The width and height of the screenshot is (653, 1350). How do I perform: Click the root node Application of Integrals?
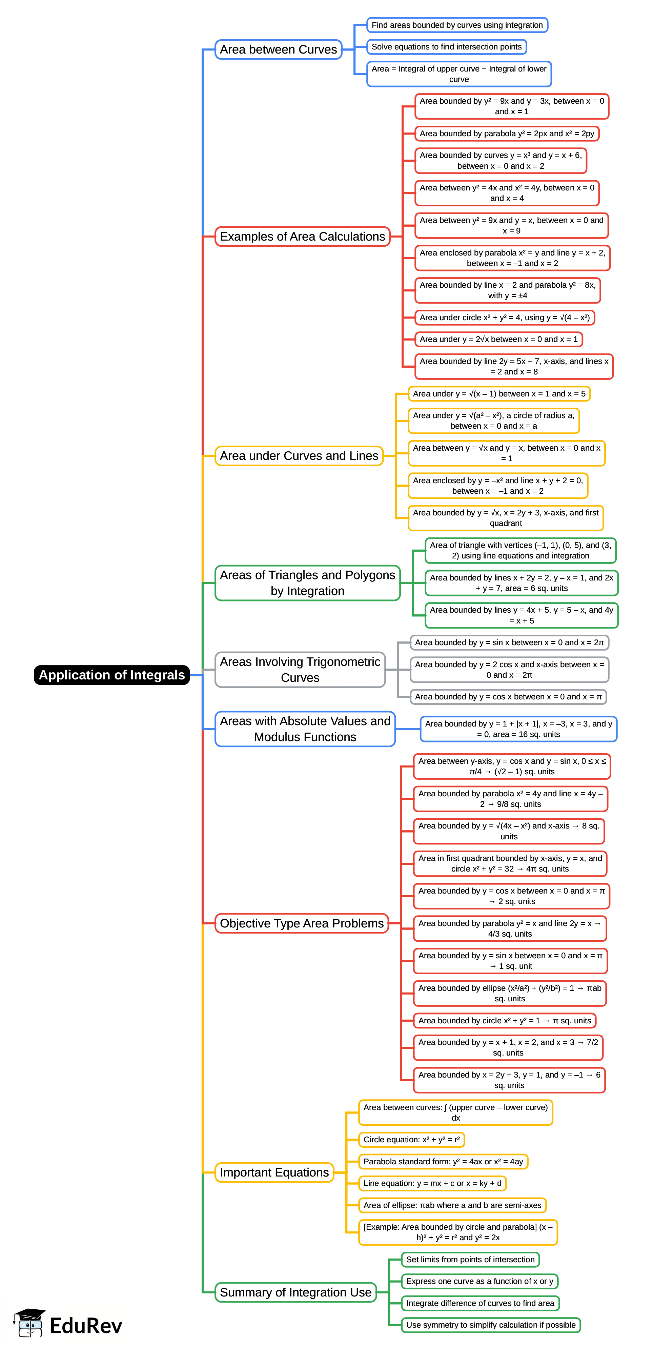pyautogui.click(x=111, y=675)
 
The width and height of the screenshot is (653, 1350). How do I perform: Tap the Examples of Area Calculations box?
pyautogui.click(x=302, y=237)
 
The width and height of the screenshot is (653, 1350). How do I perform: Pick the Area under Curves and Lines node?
pyautogui.click(x=299, y=456)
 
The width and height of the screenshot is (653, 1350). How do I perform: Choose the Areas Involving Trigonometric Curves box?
pyautogui.click(x=300, y=670)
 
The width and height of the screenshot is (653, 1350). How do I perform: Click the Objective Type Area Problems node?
pyautogui.click(x=301, y=923)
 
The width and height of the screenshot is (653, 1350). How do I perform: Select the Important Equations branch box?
pyautogui.click(x=274, y=1172)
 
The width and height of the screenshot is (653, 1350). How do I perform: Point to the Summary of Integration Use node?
pyautogui.click(x=295, y=1292)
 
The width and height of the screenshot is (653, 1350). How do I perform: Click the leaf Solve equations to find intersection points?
pyautogui.click(x=447, y=47)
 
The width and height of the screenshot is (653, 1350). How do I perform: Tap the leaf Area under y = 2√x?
pyautogui.click(x=498, y=339)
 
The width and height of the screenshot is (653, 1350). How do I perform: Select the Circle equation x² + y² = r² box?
pyautogui.click(x=411, y=1139)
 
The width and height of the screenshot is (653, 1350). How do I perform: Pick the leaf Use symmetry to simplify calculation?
pyautogui.click(x=491, y=1325)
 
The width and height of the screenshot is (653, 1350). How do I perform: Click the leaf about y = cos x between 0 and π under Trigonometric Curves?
pyautogui.click(x=508, y=696)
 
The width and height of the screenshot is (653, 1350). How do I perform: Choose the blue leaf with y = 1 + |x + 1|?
pyautogui.click(x=518, y=729)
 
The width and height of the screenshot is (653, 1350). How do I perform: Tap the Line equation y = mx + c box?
pyautogui.click(x=432, y=1183)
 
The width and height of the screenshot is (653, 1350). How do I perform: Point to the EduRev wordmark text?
pyautogui.click(x=86, y=1326)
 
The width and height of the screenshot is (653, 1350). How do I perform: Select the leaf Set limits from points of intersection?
pyautogui.click(x=470, y=1259)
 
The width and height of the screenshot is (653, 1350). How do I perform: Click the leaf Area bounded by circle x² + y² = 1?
pyautogui.click(x=504, y=1020)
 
